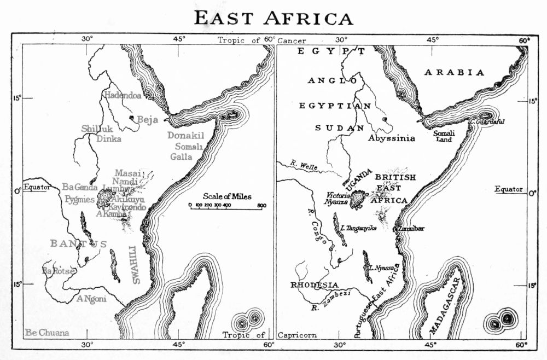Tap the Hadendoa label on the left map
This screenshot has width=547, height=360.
(x=121, y=95)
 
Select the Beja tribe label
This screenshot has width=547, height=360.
(x=147, y=119)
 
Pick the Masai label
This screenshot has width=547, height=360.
(x=128, y=172)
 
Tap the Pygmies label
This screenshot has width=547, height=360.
(x=79, y=199)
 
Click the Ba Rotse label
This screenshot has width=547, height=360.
(x=58, y=270)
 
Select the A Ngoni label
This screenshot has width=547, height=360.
(x=91, y=299)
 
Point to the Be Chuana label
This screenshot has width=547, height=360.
(x=46, y=333)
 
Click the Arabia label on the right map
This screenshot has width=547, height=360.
(x=455, y=72)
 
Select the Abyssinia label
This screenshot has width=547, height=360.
(x=392, y=138)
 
